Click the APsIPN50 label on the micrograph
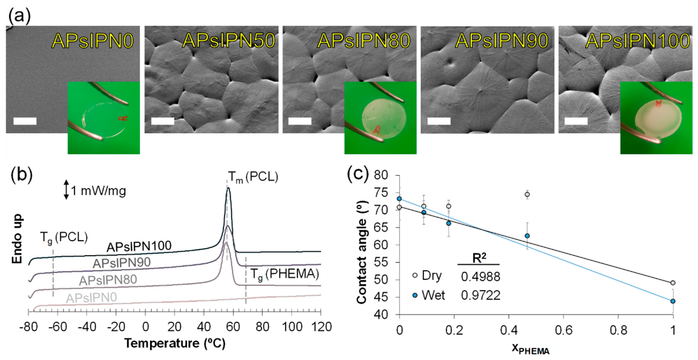click(228, 41)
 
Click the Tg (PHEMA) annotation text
click(284, 274)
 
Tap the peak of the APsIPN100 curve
click(228, 188)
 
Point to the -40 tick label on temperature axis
click(87, 327)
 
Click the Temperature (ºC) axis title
click(175, 343)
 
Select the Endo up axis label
click(17, 239)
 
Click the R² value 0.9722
click(480, 295)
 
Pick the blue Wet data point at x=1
click(673, 301)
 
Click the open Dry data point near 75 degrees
click(527, 194)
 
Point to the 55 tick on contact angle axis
click(381, 262)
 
